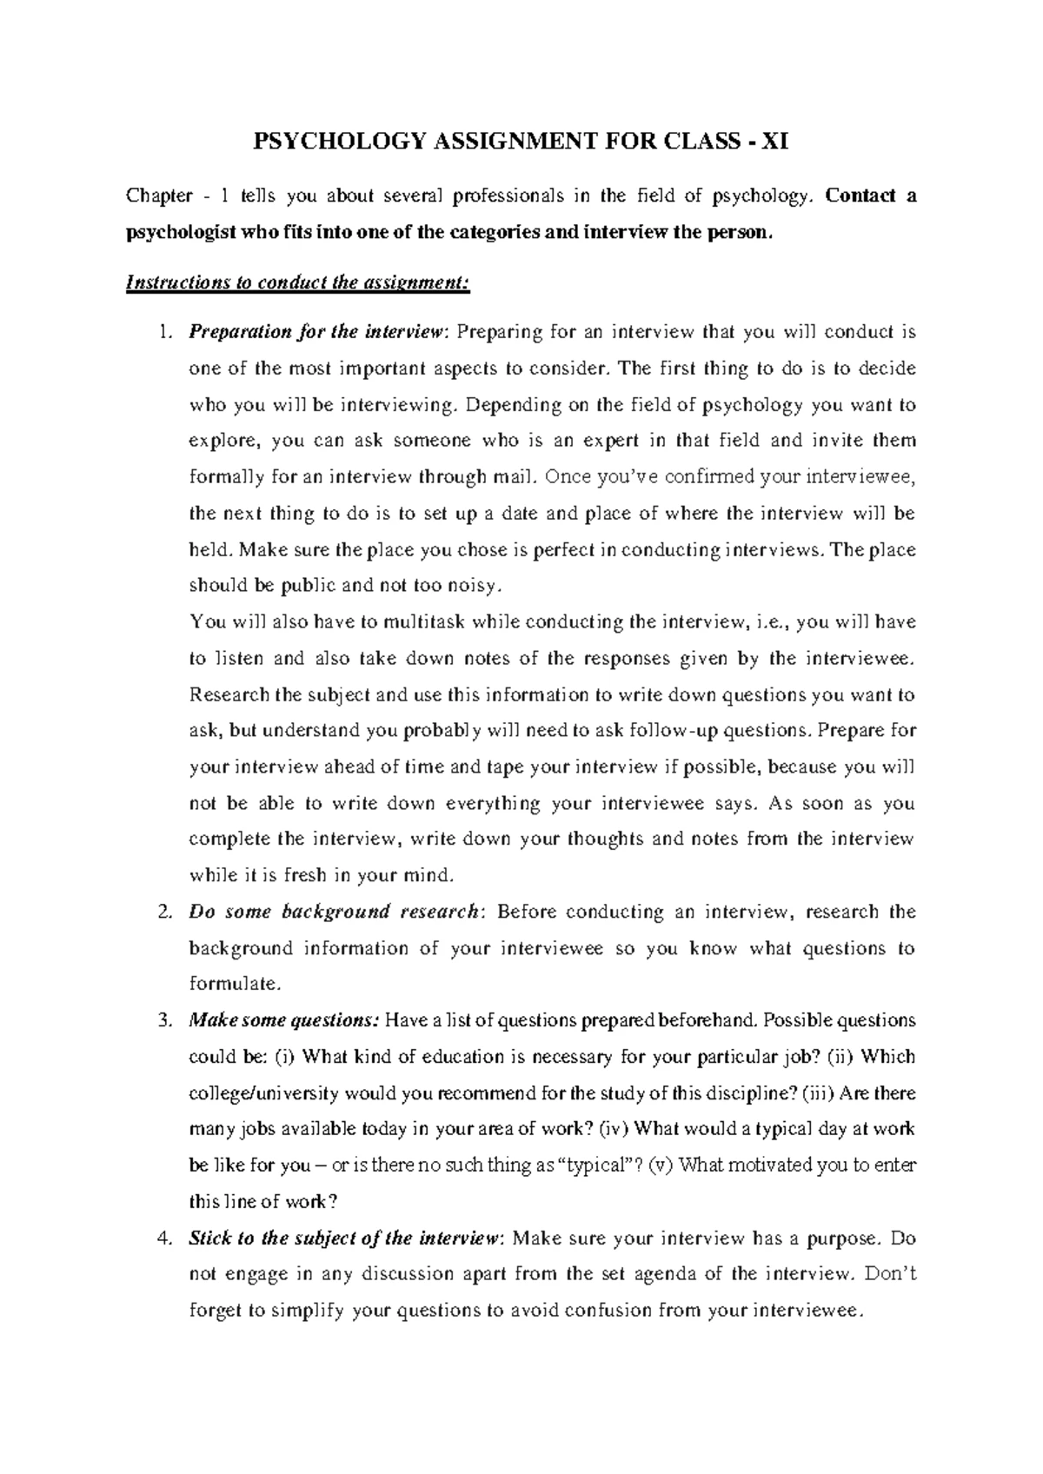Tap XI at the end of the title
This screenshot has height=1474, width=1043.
pyautogui.click(x=775, y=141)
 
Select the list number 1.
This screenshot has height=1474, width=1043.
pyautogui.click(x=166, y=332)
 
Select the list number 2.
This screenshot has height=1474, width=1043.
pyautogui.click(x=166, y=912)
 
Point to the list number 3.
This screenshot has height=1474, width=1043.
pyautogui.click(x=166, y=1020)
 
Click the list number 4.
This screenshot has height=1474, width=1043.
pyautogui.click(x=166, y=1238)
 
